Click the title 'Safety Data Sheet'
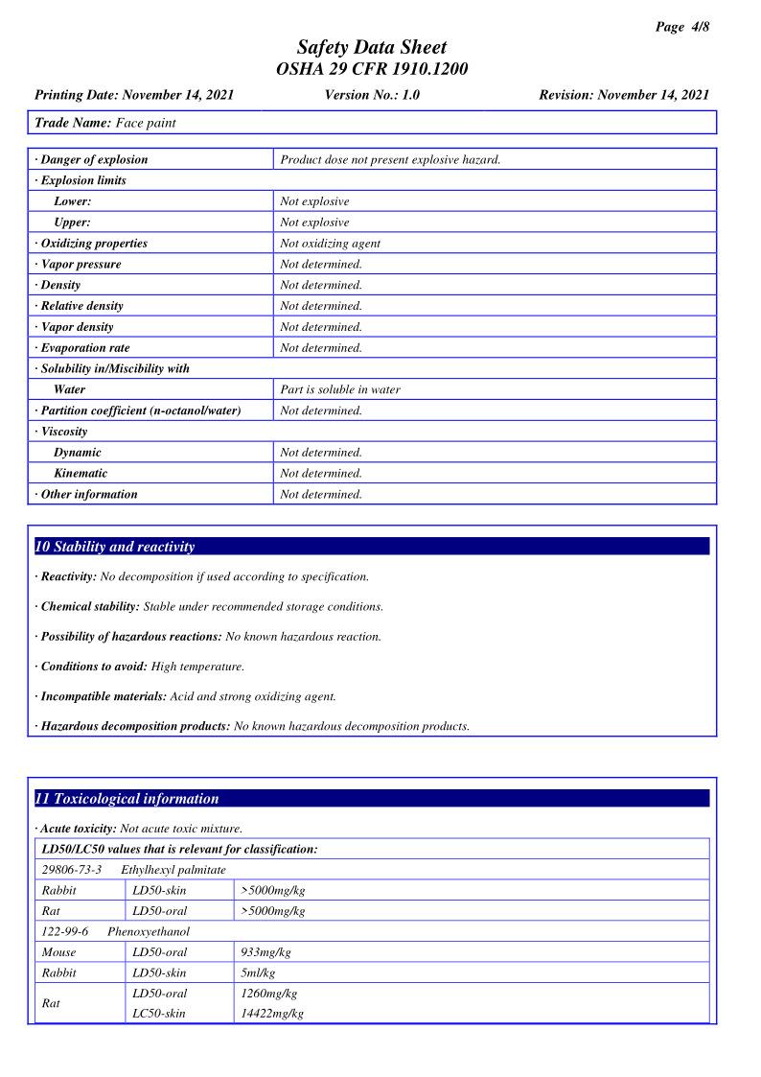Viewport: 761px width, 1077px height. click(x=372, y=47)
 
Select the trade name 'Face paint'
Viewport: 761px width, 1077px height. click(x=146, y=123)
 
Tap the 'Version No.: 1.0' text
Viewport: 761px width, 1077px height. click(x=372, y=95)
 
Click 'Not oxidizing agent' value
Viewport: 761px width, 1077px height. click(x=330, y=244)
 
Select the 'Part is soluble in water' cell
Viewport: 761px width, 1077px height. click(x=340, y=389)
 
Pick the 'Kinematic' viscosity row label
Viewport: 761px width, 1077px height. click(x=81, y=473)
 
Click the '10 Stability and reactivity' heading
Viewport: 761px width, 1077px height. click(x=115, y=547)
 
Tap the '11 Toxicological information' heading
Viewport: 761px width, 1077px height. click(x=127, y=798)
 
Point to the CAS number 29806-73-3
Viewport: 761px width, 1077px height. click(x=72, y=870)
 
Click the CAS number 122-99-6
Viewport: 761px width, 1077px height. click(x=65, y=931)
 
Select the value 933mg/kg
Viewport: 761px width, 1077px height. click(x=266, y=952)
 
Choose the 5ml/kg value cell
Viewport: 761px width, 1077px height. click(x=259, y=972)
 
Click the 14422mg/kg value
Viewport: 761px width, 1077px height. click(x=273, y=1013)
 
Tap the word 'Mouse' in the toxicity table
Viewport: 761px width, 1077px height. click(x=59, y=952)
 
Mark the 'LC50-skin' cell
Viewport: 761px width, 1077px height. click(x=159, y=1013)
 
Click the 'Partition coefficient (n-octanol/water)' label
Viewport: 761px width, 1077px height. click(x=141, y=410)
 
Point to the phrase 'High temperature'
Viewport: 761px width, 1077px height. click(x=198, y=667)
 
